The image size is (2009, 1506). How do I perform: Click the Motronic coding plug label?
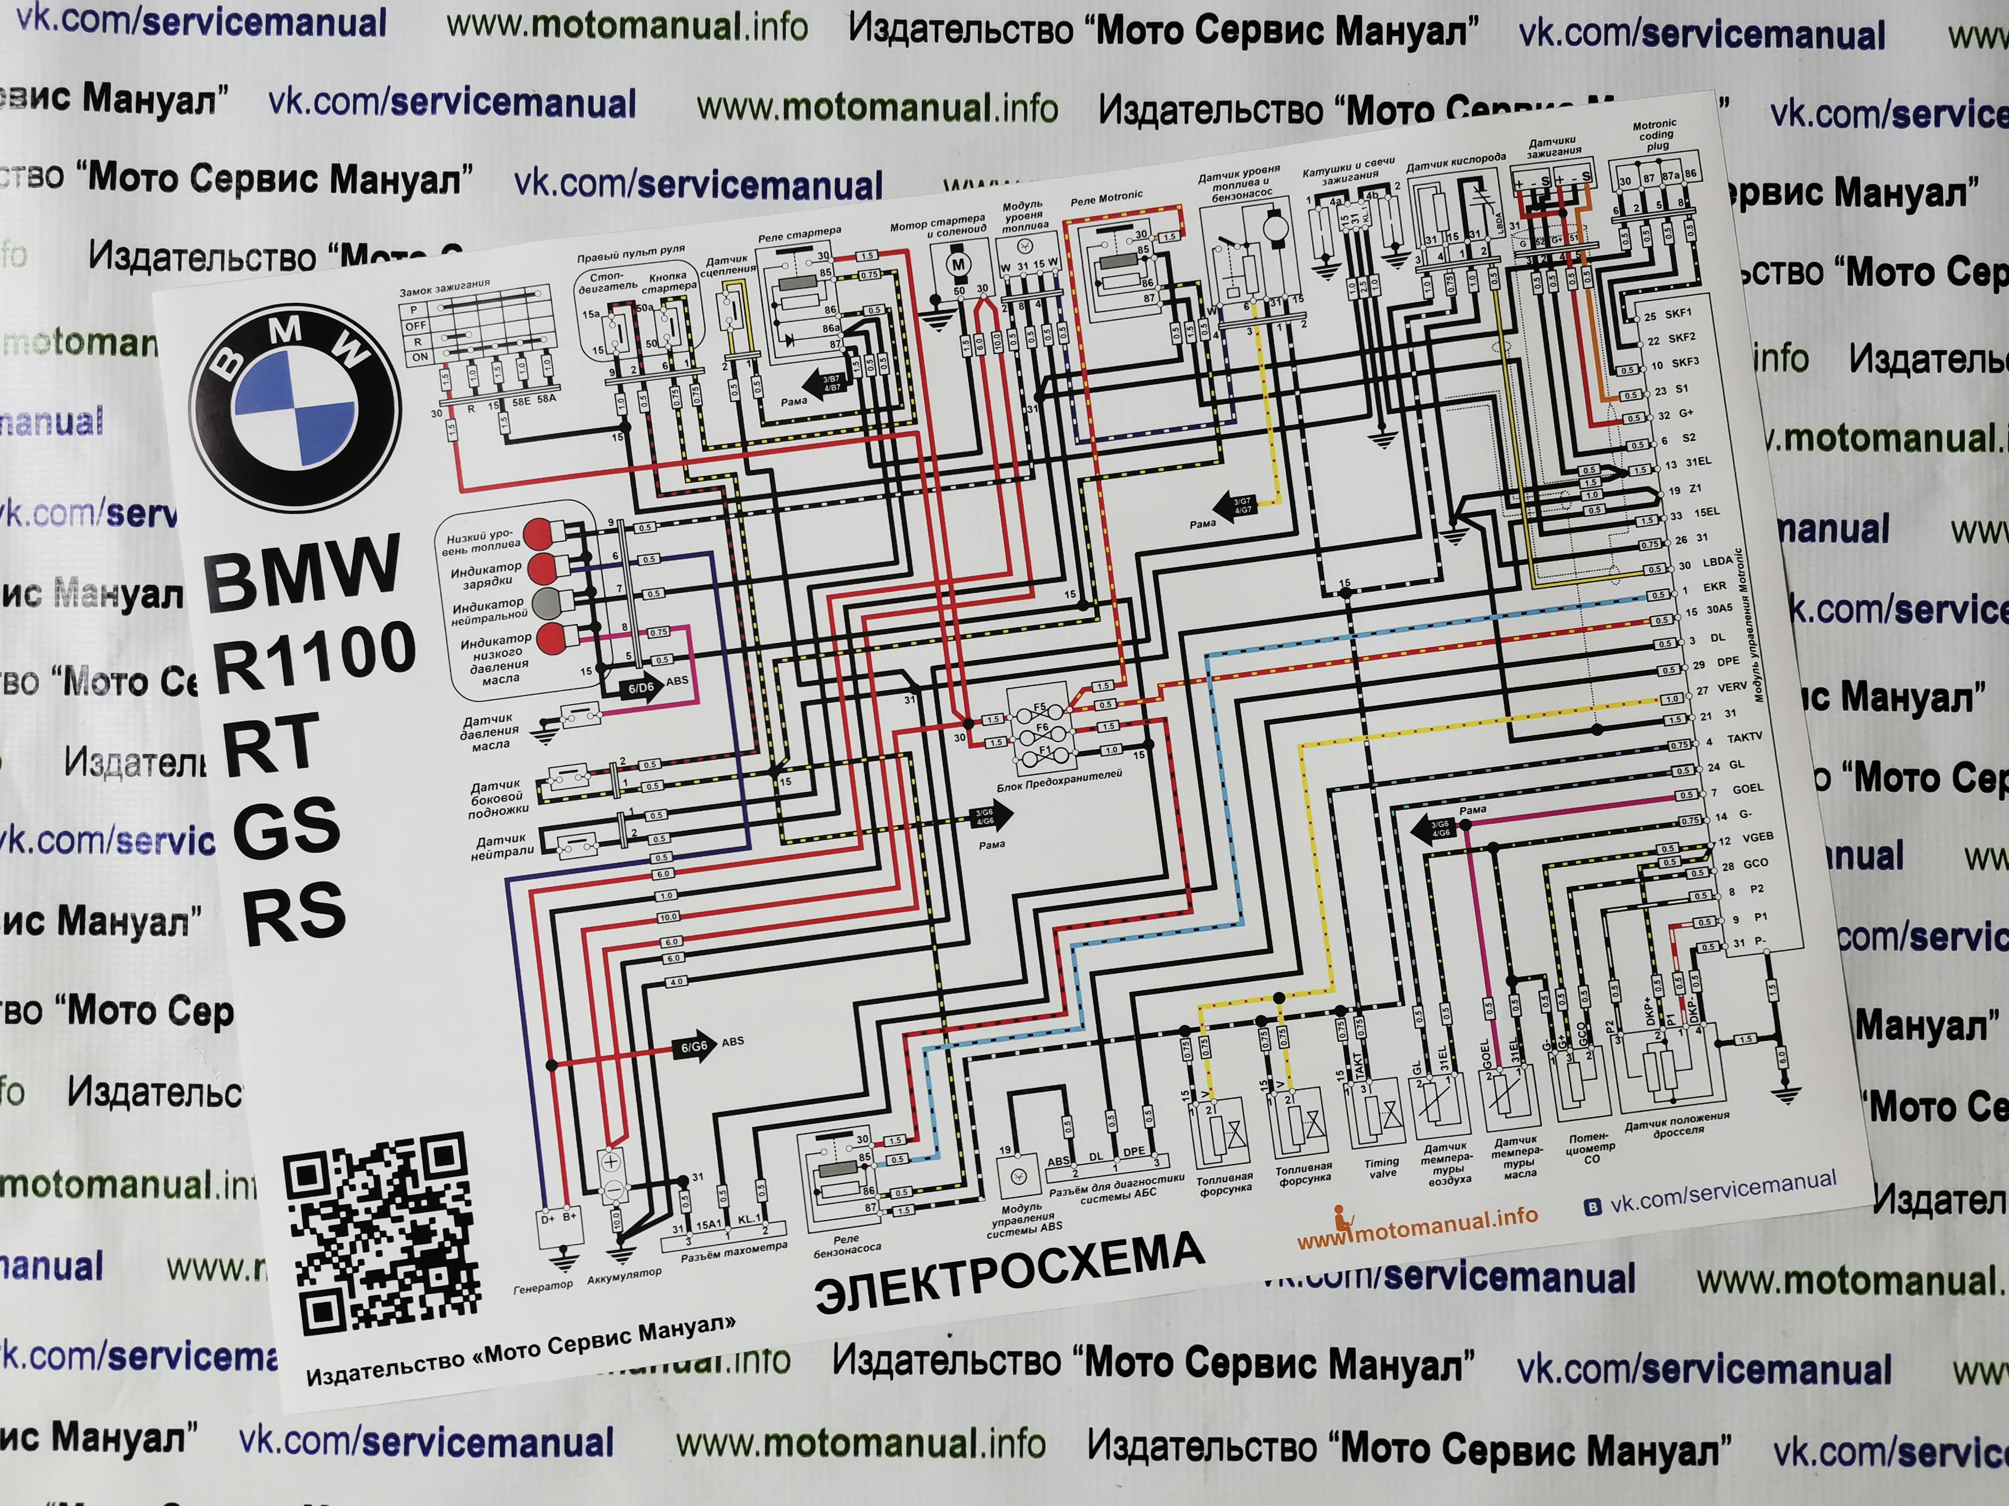(x=1655, y=134)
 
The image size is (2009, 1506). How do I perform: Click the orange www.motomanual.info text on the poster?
(x=1417, y=1227)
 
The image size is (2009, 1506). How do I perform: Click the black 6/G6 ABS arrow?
(x=696, y=1047)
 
